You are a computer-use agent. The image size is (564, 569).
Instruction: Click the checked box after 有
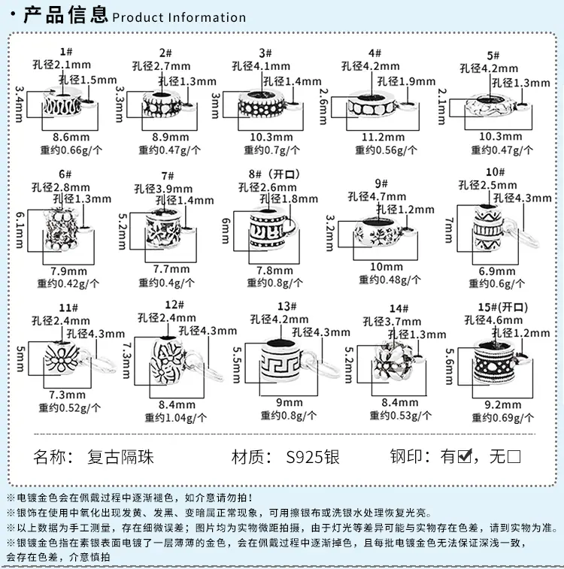pyautogui.click(x=465, y=456)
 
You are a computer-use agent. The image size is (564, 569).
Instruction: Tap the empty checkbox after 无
pyautogui.click(x=514, y=456)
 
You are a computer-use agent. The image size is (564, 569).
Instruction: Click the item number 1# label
pyautogui.click(x=66, y=52)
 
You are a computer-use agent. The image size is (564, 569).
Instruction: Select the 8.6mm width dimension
pyautogui.click(x=71, y=137)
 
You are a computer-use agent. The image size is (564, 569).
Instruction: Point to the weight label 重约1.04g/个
pyautogui.click(x=176, y=418)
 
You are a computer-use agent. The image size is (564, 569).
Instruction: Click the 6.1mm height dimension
pyautogui.click(x=20, y=230)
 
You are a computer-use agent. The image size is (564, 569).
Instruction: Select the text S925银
pyautogui.click(x=313, y=457)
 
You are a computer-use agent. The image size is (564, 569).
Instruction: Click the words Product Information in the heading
pyautogui.click(x=179, y=17)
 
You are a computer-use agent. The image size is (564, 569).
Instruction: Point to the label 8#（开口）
pyautogui.click(x=274, y=174)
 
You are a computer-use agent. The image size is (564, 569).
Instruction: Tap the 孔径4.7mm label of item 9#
pyautogui.click(x=377, y=197)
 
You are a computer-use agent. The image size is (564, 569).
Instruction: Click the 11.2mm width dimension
pyautogui.click(x=384, y=137)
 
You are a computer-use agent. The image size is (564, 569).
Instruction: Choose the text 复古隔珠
pyautogui.click(x=120, y=457)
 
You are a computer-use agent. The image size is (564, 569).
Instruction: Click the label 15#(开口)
pyautogui.click(x=502, y=307)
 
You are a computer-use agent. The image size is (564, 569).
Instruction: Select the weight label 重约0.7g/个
pyautogui.click(x=271, y=150)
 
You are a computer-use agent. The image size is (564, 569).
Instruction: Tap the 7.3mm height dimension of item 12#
pyautogui.click(x=126, y=361)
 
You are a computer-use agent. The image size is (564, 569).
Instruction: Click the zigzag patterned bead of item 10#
pyautogui.click(x=489, y=228)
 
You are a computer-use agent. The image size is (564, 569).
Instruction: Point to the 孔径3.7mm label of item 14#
pyautogui.click(x=392, y=322)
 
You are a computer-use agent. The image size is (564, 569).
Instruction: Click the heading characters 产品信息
pyautogui.click(x=65, y=15)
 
